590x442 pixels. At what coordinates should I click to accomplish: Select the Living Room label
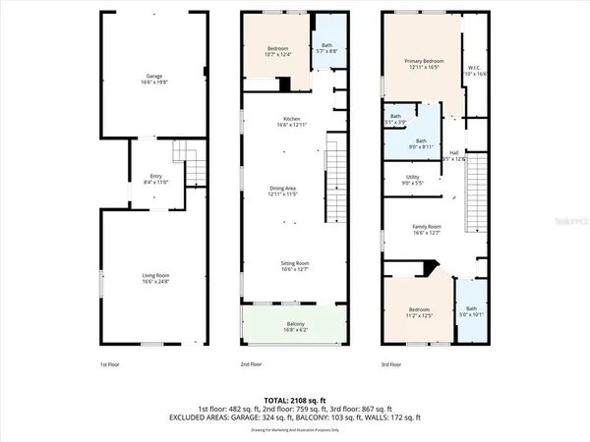tap(154, 278)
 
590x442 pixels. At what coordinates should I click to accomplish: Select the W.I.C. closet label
tap(475, 71)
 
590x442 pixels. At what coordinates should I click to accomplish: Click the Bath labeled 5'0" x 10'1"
tap(472, 312)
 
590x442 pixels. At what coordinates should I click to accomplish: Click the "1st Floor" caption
tap(110, 363)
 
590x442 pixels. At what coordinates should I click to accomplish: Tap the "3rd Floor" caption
tap(391, 363)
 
